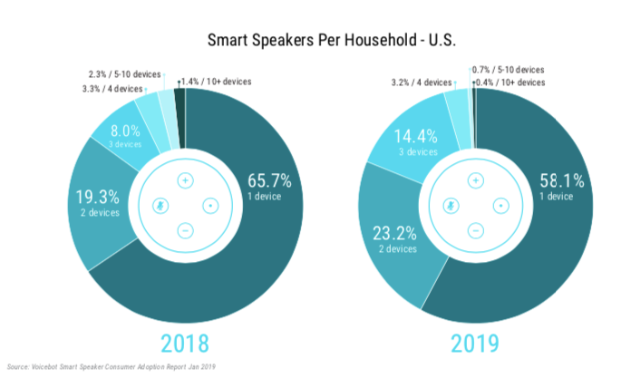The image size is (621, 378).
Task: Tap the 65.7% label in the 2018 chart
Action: pos(268,177)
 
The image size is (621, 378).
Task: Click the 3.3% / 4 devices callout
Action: pos(112,89)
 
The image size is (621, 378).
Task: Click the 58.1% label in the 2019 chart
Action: pos(558,177)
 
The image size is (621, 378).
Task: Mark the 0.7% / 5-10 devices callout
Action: pos(509,70)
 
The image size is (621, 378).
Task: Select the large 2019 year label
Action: pos(474,344)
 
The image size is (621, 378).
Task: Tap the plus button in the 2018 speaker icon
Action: pos(185,179)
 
